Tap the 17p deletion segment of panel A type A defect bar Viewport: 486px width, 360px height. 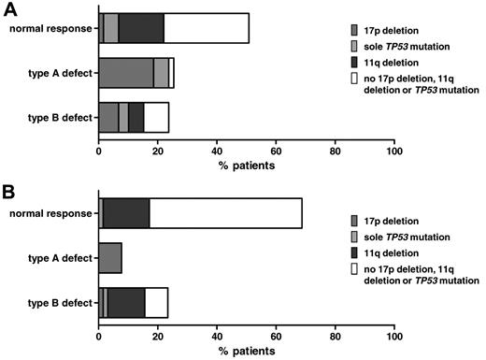(x=126, y=72)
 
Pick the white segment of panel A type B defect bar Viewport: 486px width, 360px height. (x=156, y=117)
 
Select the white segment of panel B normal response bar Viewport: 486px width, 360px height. (x=225, y=213)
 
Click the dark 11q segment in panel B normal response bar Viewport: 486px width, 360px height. (x=126, y=213)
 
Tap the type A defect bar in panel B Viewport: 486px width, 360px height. (x=110, y=257)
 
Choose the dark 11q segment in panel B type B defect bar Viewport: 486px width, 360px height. (x=126, y=301)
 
